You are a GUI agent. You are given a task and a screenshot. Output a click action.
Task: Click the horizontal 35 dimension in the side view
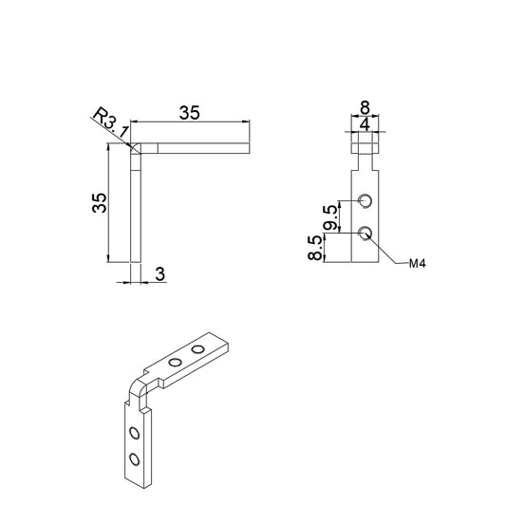(x=189, y=112)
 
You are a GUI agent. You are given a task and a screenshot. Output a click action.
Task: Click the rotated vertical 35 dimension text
(x=98, y=201)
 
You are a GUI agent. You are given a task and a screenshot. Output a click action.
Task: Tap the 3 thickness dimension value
(x=159, y=274)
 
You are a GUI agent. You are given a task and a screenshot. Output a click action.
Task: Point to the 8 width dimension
(x=365, y=108)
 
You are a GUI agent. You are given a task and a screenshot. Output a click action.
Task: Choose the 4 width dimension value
(x=365, y=123)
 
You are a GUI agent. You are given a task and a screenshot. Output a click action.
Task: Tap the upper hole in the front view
(x=365, y=199)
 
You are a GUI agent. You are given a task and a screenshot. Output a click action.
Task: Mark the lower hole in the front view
(x=365, y=232)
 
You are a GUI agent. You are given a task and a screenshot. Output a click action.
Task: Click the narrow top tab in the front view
(x=365, y=144)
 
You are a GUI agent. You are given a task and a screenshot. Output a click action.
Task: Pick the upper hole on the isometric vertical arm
(x=134, y=434)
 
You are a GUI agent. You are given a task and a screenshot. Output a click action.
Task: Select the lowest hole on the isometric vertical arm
(x=134, y=459)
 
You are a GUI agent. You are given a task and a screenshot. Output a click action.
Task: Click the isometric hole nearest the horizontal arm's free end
(x=198, y=350)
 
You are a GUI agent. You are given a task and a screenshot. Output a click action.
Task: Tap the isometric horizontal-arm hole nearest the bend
(x=175, y=362)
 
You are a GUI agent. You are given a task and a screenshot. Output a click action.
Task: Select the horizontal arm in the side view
(x=195, y=148)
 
